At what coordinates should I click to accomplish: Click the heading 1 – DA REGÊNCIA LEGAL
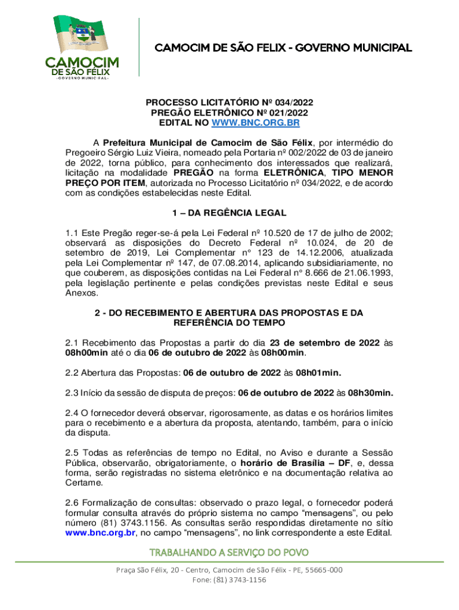click(x=229, y=212)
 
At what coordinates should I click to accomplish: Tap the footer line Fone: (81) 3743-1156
click(x=229, y=580)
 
